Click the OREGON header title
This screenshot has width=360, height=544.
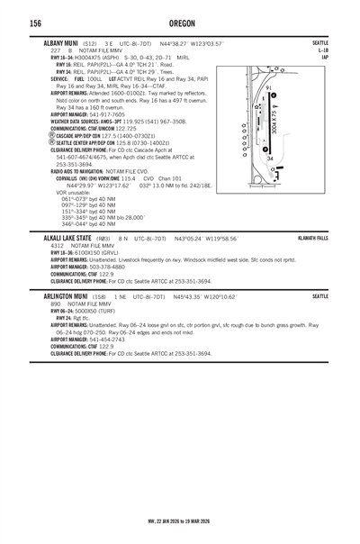click(x=179, y=23)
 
